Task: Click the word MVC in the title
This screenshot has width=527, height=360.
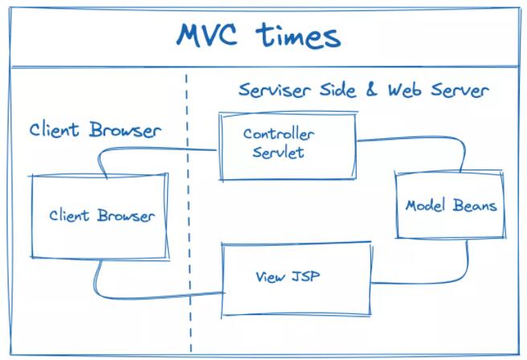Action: click(x=206, y=35)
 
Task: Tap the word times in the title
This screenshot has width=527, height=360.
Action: click(x=299, y=35)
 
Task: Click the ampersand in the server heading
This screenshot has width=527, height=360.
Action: click(x=371, y=89)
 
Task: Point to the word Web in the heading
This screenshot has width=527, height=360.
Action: click(x=404, y=90)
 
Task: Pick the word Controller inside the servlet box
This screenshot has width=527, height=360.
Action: click(x=279, y=134)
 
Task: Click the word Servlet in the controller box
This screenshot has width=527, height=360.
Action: click(x=278, y=152)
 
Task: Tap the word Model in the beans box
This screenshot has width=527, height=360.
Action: click(x=426, y=205)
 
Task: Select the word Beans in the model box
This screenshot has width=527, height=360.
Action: click(x=475, y=205)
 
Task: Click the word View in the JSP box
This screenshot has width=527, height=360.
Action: click(x=270, y=277)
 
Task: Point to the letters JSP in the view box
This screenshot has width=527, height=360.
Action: click(x=305, y=276)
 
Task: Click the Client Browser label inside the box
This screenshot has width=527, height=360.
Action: click(x=102, y=215)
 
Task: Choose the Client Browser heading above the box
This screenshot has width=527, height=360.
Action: click(x=95, y=130)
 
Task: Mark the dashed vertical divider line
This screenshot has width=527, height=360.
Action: click(x=189, y=213)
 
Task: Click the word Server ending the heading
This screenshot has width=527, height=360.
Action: click(x=460, y=90)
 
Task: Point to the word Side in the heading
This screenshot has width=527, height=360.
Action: click(x=337, y=90)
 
